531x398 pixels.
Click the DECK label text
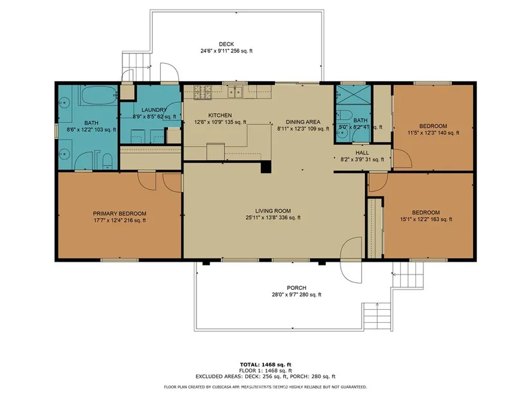pyautogui.click(x=226, y=44)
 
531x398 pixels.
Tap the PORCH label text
pyautogui.click(x=296, y=287)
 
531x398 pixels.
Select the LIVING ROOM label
pyautogui.click(x=273, y=211)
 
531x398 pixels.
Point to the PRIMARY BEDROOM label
pyautogui.click(x=120, y=213)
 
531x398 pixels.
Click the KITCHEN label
pyautogui.click(x=219, y=115)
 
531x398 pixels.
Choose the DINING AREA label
pyautogui.click(x=303, y=122)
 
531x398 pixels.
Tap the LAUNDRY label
pyautogui.click(x=154, y=110)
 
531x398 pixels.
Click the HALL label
pyautogui.click(x=362, y=152)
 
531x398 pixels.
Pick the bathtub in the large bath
pyautogui.click(x=98, y=95)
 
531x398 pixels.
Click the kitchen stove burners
pyautogui.click(x=203, y=92)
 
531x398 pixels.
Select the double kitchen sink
pyautogui.click(x=235, y=92)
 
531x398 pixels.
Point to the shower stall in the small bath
pyautogui.click(x=353, y=95)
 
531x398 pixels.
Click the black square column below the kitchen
pyautogui.click(x=266, y=168)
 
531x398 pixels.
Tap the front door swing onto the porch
pyautogui.click(x=351, y=260)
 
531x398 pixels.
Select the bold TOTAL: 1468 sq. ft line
pyautogui.click(x=265, y=365)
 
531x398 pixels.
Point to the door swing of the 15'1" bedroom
pyautogui.click(x=378, y=183)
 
